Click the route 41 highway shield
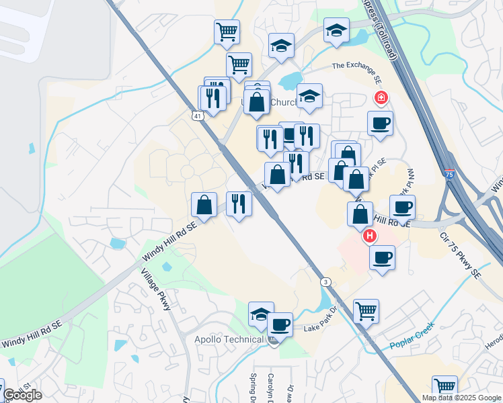pyautogui.click(x=197, y=116)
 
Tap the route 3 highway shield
pyautogui.click(x=325, y=281)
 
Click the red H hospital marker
pyautogui.click(x=369, y=236)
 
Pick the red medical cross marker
pyautogui.click(x=381, y=99)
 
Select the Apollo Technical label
pyautogui.click(x=229, y=339)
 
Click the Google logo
pyautogui.click(x=22, y=395)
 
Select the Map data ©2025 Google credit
pyautogui.click(x=461, y=398)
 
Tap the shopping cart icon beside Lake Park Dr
pyautogui.click(x=366, y=311)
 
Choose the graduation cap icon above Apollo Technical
pyautogui.click(x=261, y=314)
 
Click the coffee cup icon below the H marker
pyautogui.click(x=382, y=258)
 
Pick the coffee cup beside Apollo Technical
pyautogui.click(x=280, y=324)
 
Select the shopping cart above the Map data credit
pyautogui.click(x=444, y=386)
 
